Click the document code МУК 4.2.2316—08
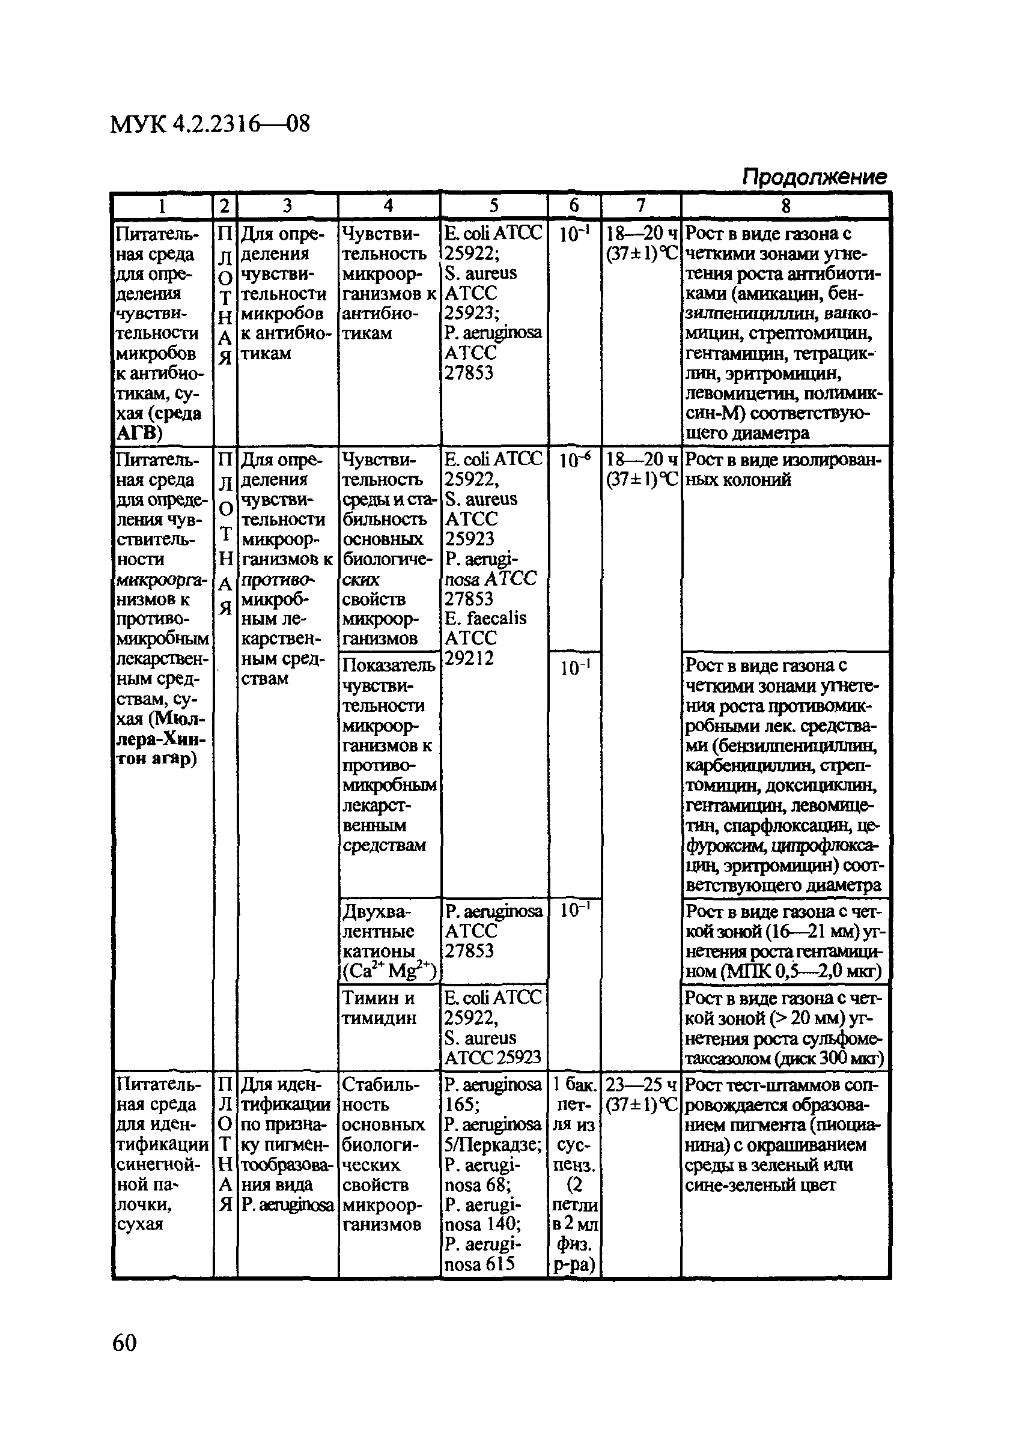[x=210, y=124]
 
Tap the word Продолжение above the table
[x=815, y=177]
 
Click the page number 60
[x=124, y=1341]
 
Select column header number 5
[x=494, y=205]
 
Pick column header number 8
[x=785, y=205]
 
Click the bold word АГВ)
[x=140, y=433]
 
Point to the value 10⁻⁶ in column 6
[x=574, y=461]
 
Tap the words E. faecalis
[x=485, y=618]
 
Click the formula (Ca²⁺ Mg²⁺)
[x=390, y=971]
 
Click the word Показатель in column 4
[x=389, y=666]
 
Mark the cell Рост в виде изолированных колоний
[x=783, y=470]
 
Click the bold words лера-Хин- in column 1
[x=162, y=739]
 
